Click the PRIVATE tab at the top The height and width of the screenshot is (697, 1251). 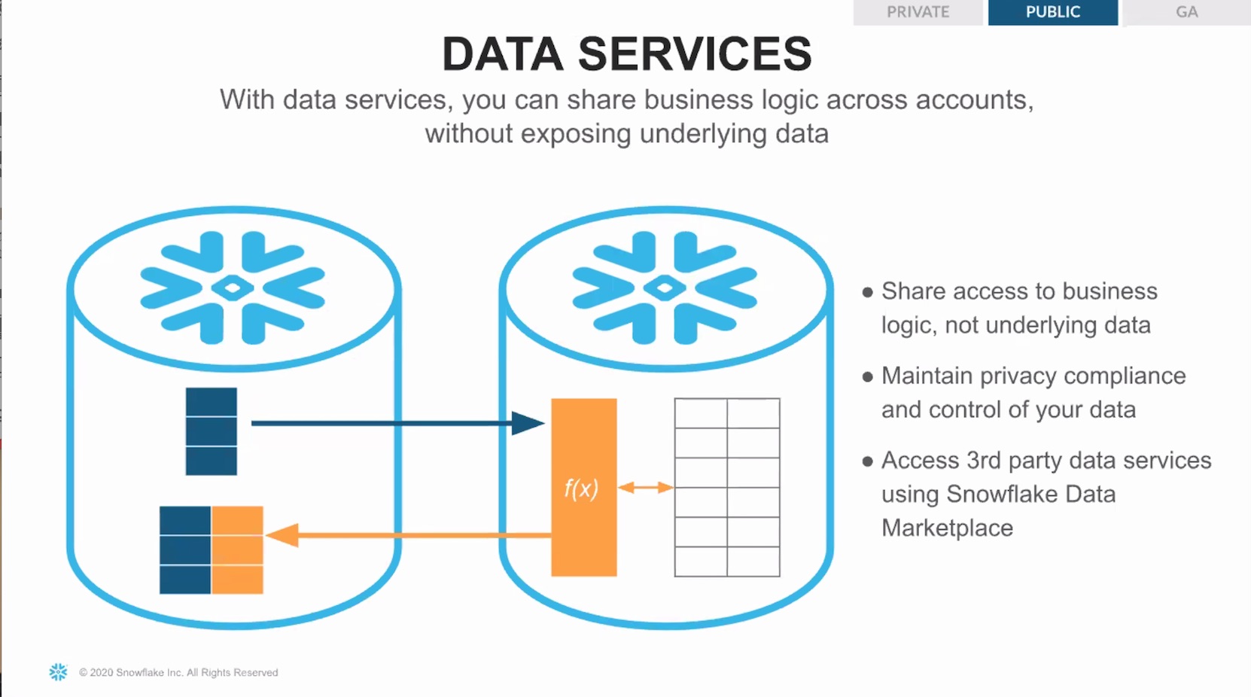[x=918, y=12]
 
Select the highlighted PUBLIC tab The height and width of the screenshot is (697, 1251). [x=1053, y=12]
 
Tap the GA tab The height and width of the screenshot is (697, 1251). [x=1187, y=12]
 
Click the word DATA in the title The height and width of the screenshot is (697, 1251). [x=503, y=53]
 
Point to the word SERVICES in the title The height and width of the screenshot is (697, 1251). [x=695, y=53]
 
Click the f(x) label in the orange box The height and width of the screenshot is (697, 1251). [x=581, y=489]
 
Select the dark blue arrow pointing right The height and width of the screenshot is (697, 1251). [x=398, y=423]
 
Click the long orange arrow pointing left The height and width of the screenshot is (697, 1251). [x=408, y=535]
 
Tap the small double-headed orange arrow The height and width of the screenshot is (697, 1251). [x=646, y=488]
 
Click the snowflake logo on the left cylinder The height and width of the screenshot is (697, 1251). [x=233, y=288]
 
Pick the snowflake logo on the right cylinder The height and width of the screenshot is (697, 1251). [x=665, y=288]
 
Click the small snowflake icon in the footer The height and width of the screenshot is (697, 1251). [x=58, y=672]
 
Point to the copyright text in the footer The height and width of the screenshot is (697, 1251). [x=178, y=672]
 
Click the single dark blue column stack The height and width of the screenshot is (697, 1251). [x=211, y=431]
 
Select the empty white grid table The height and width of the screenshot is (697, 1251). [x=727, y=487]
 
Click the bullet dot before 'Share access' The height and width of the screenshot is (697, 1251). [x=867, y=292]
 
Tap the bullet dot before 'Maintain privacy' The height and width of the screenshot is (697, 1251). [x=867, y=377]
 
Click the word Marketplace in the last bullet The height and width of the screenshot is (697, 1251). [x=947, y=528]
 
